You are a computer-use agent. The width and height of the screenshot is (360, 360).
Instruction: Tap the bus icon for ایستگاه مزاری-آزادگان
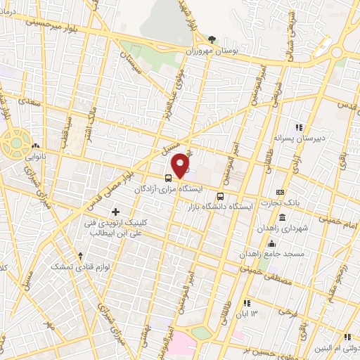click(x=168, y=178)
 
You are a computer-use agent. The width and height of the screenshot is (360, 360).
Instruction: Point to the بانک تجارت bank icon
click(x=281, y=192)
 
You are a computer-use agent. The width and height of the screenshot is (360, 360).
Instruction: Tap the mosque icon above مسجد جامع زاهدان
click(x=292, y=243)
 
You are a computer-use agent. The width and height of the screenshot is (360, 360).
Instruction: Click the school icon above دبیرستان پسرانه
click(x=298, y=127)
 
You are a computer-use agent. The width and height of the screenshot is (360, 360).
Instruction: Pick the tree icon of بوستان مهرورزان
click(x=213, y=40)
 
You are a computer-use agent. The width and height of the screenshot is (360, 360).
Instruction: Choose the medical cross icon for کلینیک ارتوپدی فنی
click(x=115, y=212)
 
